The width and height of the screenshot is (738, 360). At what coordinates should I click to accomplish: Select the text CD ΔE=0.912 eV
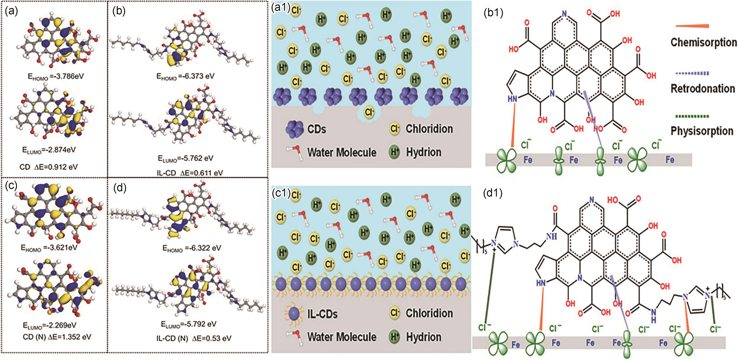tap(49, 167)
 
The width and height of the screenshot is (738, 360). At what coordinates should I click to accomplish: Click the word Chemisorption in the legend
tap(703, 42)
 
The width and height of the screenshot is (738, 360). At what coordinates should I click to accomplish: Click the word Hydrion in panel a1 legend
tap(424, 152)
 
